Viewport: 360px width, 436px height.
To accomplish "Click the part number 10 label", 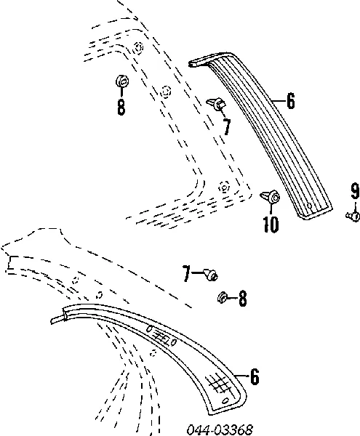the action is pyautogui.click(x=271, y=224).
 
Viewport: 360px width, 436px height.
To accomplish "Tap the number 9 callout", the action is pyautogui.click(x=355, y=191).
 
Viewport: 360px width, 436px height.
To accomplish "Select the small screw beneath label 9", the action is pyautogui.click(x=353, y=216).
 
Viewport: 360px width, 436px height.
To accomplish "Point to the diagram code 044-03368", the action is pyautogui.click(x=220, y=429).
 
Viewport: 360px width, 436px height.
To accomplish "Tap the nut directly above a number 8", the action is pyautogui.click(x=122, y=81).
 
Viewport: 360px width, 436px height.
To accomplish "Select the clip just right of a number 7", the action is pyautogui.click(x=210, y=274).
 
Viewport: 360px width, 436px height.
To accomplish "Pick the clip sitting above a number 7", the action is pyautogui.click(x=217, y=103).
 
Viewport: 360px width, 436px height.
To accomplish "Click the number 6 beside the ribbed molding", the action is pyautogui.click(x=290, y=101).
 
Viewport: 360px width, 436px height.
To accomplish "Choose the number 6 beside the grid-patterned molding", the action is pyautogui.click(x=255, y=376).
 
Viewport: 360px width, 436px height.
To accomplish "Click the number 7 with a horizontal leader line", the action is pyautogui.click(x=186, y=273).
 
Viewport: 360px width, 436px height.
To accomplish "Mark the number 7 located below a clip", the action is pyautogui.click(x=227, y=126).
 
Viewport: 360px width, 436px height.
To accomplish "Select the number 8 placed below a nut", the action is pyautogui.click(x=121, y=107).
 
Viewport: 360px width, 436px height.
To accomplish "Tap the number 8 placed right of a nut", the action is pyautogui.click(x=243, y=299).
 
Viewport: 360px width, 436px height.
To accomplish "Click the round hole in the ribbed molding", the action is pyautogui.click(x=309, y=206).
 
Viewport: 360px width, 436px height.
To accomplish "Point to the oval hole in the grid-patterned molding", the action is pyautogui.click(x=225, y=401).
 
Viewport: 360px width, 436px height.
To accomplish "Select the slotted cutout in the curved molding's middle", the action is pyautogui.click(x=161, y=336).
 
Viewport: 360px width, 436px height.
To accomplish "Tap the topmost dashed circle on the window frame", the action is pyautogui.click(x=138, y=48).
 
